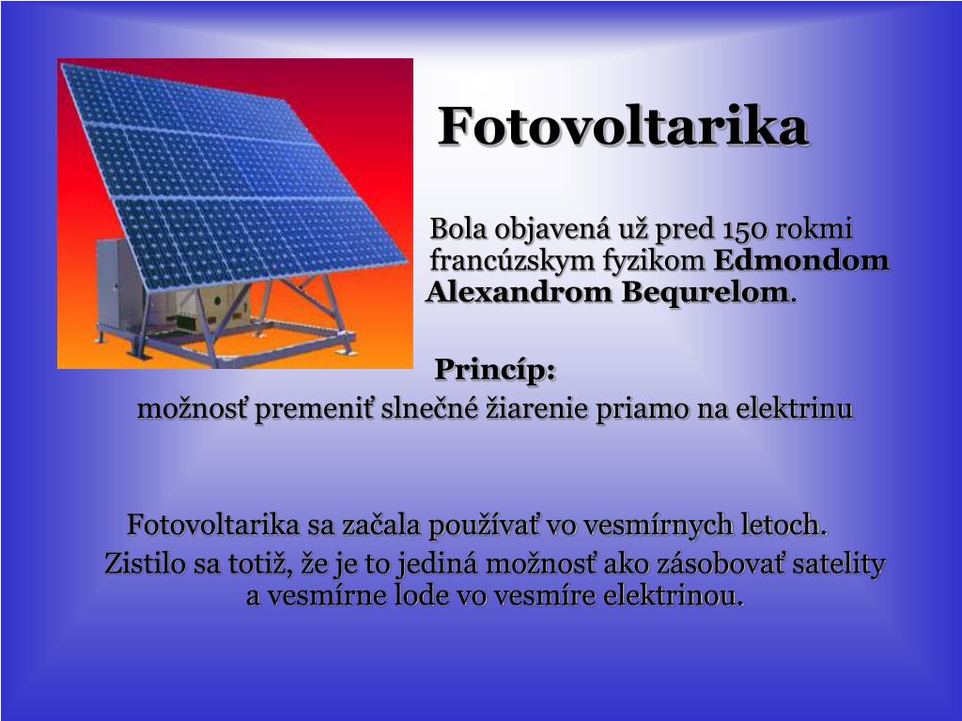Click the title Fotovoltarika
tap(623, 126)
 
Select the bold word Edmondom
tap(801, 260)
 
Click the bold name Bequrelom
tap(705, 292)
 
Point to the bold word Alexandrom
tap(519, 292)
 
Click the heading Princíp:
tap(495, 369)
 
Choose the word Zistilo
tap(145, 563)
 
